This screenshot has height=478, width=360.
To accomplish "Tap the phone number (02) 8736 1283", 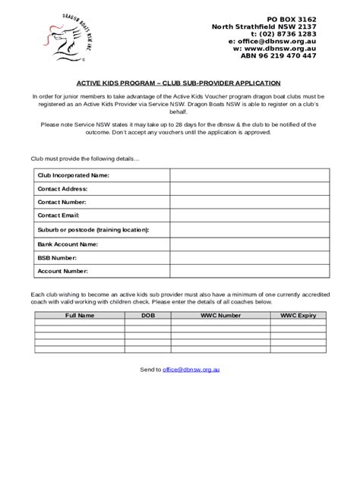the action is pos(283,33).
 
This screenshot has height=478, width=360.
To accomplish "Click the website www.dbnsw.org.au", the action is pos(274,48).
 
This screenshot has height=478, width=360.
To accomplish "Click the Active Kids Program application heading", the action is pos(179,85).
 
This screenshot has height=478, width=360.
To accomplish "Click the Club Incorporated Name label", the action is pos(74,175).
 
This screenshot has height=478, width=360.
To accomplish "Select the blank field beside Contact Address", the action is pos(249,189).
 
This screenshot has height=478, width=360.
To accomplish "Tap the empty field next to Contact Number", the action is pos(249,203).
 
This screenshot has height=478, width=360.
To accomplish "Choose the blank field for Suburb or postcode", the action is pos(249,230).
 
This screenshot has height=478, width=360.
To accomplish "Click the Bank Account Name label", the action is pos(68,244).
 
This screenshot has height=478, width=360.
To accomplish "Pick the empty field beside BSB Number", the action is pos(249,258).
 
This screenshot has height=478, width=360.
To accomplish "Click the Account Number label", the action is pos(63,271).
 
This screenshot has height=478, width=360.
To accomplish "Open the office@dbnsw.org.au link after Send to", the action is pos(191,370).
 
